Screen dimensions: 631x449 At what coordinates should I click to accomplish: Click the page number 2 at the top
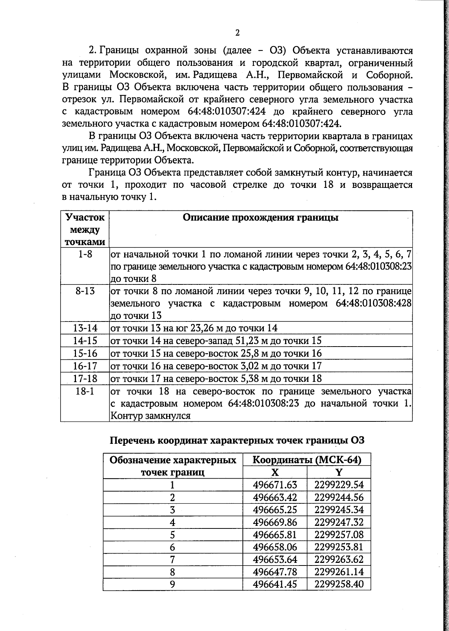coord(237,33)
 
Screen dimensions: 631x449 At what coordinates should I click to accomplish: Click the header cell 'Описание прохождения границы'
coord(260,218)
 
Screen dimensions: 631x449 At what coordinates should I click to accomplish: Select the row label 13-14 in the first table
coord(85,328)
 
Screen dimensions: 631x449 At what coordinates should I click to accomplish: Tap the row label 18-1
coord(85,391)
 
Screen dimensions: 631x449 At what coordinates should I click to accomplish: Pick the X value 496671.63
coord(275,485)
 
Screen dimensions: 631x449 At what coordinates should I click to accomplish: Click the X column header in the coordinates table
coord(275,472)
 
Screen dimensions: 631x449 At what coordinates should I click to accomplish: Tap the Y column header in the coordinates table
coord(339,472)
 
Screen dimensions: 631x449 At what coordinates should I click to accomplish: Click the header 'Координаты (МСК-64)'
coord(307,460)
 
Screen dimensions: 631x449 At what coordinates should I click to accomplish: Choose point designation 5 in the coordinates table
coord(172,535)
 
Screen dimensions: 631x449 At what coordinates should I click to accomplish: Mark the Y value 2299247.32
coord(339,522)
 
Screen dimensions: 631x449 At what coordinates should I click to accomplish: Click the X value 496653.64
coord(275,560)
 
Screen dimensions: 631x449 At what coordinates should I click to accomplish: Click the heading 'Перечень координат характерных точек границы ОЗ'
coord(237,440)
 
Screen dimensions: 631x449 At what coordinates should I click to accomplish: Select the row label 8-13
coord(85,291)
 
